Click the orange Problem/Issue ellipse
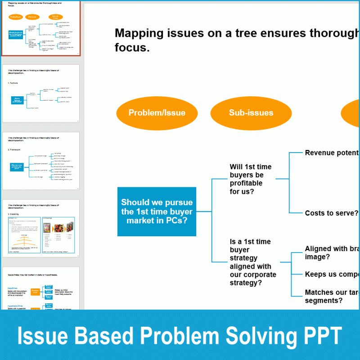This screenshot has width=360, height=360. point(157,113)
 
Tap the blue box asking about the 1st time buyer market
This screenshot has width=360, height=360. point(157,211)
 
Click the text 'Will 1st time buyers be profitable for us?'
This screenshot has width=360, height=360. point(250,179)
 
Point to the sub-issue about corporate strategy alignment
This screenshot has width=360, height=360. point(252,262)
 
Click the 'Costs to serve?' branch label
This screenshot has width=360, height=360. point(331,213)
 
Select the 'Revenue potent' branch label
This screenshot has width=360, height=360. point(332,153)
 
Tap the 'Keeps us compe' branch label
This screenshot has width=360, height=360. point(332,274)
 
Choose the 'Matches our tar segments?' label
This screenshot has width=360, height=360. point(332,296)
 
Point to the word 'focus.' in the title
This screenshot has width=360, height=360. point(132,47)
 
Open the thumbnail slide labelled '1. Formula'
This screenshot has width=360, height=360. point(40,94)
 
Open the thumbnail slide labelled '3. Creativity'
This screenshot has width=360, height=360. point(40,229)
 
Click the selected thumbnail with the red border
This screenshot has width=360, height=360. point(40,28)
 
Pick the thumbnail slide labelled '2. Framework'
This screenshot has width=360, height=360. point(40,161)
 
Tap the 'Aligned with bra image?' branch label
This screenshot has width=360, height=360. point(332,252)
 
